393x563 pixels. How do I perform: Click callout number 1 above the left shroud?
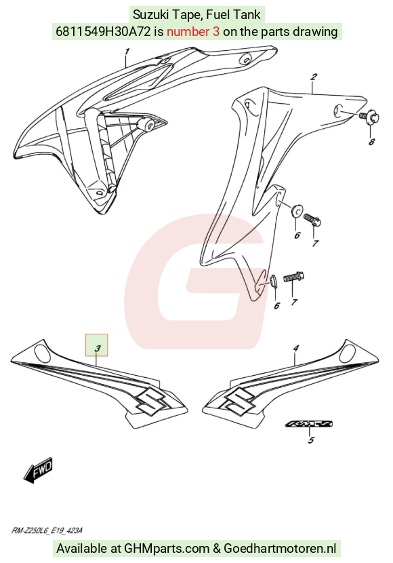[x=127, y=52]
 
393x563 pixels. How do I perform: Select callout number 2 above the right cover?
[x=314, y=77]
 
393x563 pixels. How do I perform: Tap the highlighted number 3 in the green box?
[x=97, y=348]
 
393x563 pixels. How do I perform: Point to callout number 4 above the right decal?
[x=296, y=348]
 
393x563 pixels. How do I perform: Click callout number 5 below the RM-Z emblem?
[x=311, y=440]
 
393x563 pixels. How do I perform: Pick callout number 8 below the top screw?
[x=371, y=142]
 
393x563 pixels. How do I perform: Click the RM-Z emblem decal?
[x=309, y=424]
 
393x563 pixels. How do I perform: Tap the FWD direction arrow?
[x=39, y=469]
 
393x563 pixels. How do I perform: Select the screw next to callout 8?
[x=369, y=117]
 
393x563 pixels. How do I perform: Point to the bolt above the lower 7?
[x=293, y=277]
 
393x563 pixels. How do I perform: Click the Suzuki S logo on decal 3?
[x=150, y=400]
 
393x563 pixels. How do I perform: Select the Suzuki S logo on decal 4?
[x=240, y=400]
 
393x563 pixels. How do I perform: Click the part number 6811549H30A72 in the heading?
[x=103, y=32]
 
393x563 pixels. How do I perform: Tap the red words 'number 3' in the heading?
[x=193, y=32]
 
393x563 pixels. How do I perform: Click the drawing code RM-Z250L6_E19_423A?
[x=47, y=530]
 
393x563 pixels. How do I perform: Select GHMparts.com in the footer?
[x=167, y=549]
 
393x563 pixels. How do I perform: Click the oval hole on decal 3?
[x=43, y=352]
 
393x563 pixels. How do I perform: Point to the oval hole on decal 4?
[x=348, y=352]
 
